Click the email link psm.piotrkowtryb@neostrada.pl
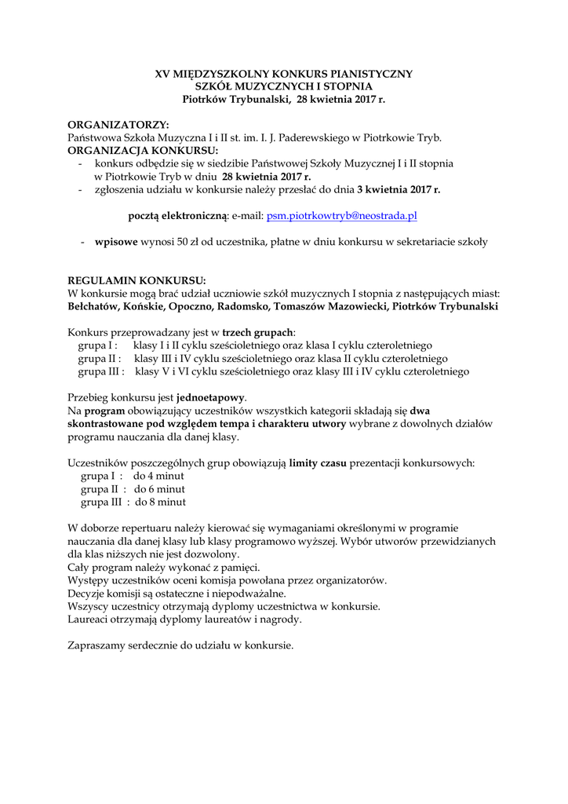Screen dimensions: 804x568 pyautogui.click(x=341, y=214)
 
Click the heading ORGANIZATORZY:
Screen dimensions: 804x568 pyautogui.click(x=118, y=125)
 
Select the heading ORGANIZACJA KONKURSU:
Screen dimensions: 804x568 pyautogui.click(x=143, y=150)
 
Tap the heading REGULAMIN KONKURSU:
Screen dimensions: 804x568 pyautogui.click(x=137, y=280)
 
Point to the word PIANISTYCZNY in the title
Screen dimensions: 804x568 pyautogui.click(x=371, y=74)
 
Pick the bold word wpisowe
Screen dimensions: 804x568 pyautogui.click(x=116, y=242)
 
